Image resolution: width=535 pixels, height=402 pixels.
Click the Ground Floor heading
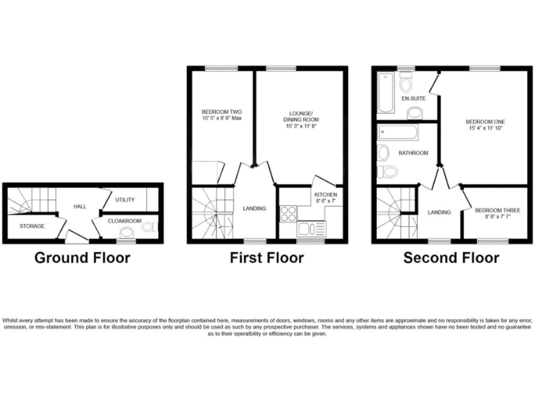(82, 258)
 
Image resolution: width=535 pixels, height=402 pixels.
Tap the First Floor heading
(267, 258)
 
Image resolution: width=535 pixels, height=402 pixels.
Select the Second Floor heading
(451, 258)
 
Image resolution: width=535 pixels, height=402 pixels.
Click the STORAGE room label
(32, 226)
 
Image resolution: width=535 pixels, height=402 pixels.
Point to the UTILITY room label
(125, 200)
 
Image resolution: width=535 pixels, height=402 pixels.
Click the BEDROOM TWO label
(222, 112)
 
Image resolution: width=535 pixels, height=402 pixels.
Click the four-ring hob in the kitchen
(288, 214)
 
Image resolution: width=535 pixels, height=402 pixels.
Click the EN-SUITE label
(413, 98)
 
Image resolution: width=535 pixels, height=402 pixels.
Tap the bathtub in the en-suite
(385, 94)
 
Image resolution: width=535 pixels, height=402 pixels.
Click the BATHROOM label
(413, 152)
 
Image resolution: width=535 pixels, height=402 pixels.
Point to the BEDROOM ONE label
(486, 122)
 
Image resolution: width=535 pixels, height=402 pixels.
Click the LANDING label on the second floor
(439, 212)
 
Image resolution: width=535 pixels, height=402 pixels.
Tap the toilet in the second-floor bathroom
(388, 171)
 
